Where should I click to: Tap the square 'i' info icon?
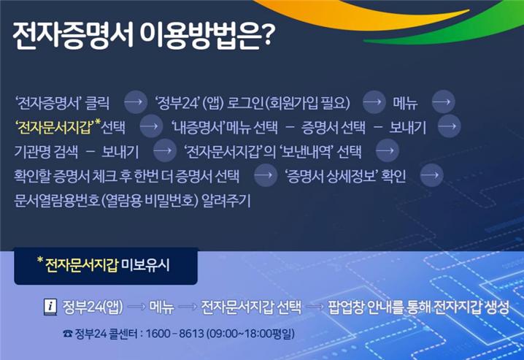[50, 306]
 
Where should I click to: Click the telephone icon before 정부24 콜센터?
[67, 334]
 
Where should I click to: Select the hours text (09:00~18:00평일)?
[249, 334]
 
